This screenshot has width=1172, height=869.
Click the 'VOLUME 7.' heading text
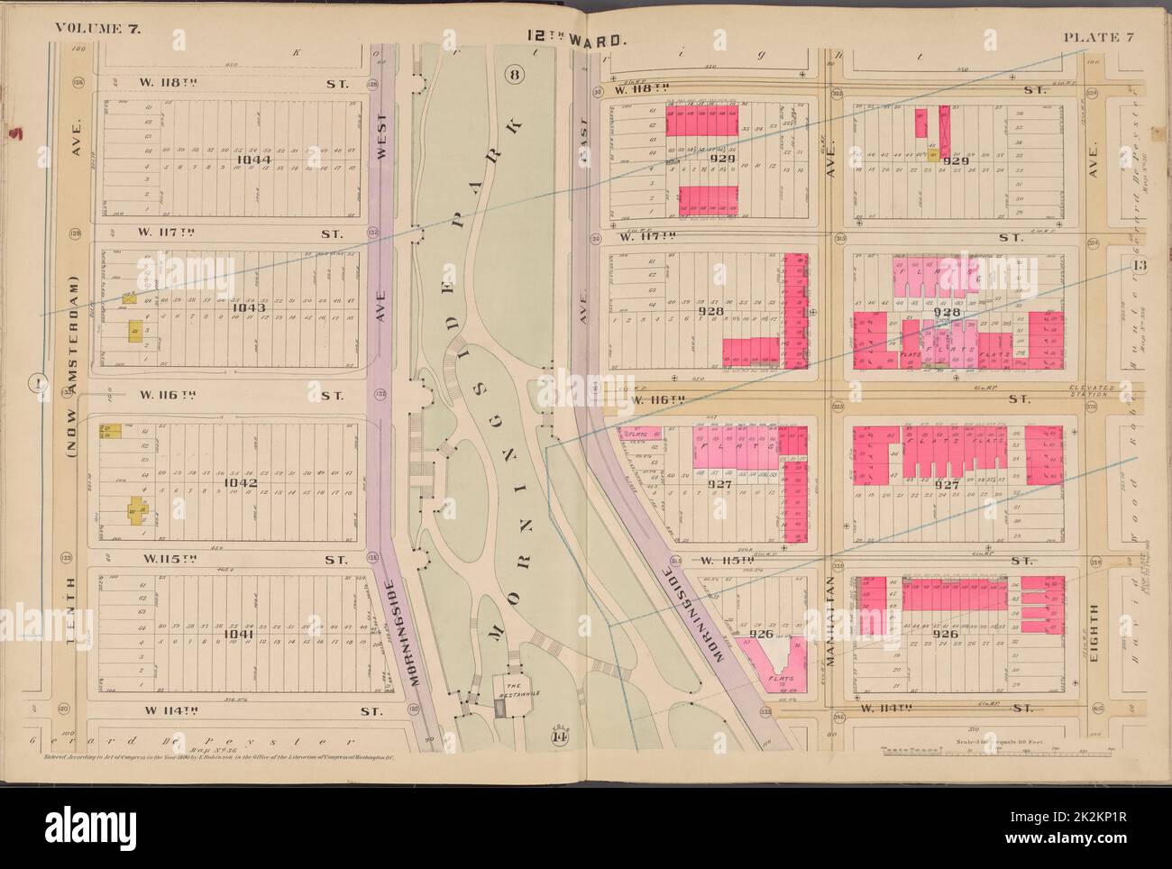click(x=102, y=28)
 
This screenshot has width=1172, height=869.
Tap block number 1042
click(x=244, y=483)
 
